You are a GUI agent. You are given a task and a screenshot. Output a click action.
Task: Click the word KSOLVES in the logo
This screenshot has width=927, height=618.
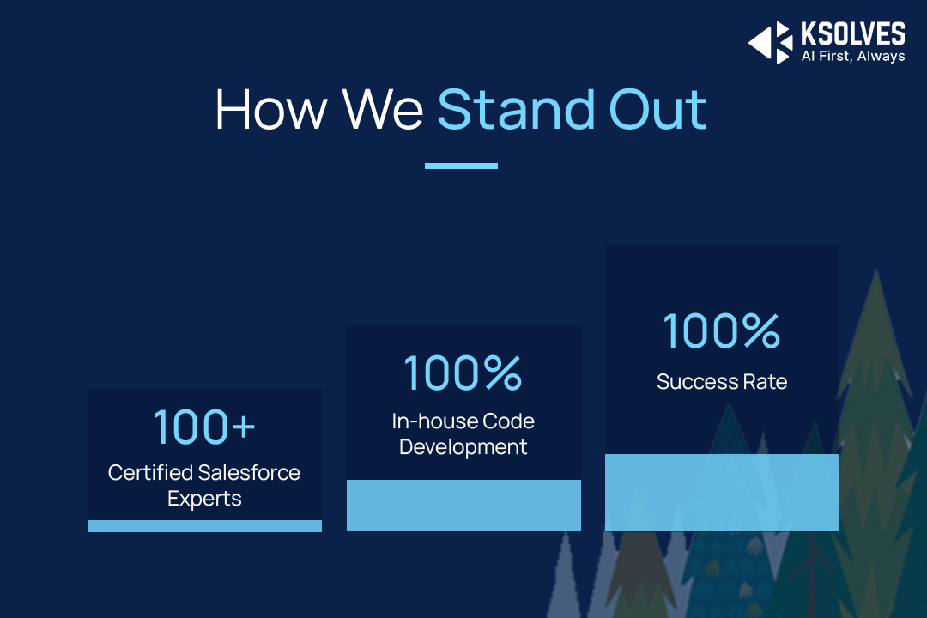pyautogui.click(x=852, y=33)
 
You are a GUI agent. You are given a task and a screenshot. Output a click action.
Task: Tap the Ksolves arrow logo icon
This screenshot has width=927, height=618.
pyautogui.click(x=770, y=43)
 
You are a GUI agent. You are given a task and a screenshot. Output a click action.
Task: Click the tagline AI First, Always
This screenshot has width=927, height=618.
pyautogui.click(x=853, y=56)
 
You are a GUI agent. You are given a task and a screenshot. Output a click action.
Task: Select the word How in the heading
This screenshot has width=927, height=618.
pyautogui.click(x=270, y=109)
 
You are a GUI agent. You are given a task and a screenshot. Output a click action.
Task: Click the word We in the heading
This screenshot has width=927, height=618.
pyautogui.click(x=383, y=109)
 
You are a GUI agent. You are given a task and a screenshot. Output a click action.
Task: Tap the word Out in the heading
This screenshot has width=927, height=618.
pyautogui.click(x=657, y=109)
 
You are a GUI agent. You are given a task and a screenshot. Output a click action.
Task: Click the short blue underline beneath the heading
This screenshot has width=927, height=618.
pyautogui.click(x=461, y=167)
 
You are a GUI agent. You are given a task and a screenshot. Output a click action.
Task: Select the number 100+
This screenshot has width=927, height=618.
pyautogui.click(x=204, y=427)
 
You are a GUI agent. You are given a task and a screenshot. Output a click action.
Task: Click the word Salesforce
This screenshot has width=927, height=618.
pyautogui.click(x=249, y=473)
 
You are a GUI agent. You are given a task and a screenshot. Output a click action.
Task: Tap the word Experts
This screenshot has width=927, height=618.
pyautogui.click(x=204, y=500)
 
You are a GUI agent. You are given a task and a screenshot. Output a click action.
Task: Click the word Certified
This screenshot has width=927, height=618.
pyautogui.click(x=150, y=473)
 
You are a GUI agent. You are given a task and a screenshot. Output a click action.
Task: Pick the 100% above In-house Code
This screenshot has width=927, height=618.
pyautogui.click(x=463, y=373)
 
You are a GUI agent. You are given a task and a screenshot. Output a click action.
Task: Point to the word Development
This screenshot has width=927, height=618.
pyautogui.click(x=463, y=447)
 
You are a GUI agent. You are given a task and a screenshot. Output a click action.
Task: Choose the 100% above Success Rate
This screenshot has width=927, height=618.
pyautogui.click(x=721, y=330)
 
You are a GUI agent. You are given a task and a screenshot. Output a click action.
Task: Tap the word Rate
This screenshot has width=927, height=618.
pyautogui.click(x=765, y=382)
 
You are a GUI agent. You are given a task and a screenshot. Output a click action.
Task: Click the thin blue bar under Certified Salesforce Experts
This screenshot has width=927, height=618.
pyautogui.click(x=204, y=526)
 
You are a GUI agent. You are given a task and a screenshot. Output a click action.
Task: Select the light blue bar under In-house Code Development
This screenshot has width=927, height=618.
pyautogui.click(x=463, y=506)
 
